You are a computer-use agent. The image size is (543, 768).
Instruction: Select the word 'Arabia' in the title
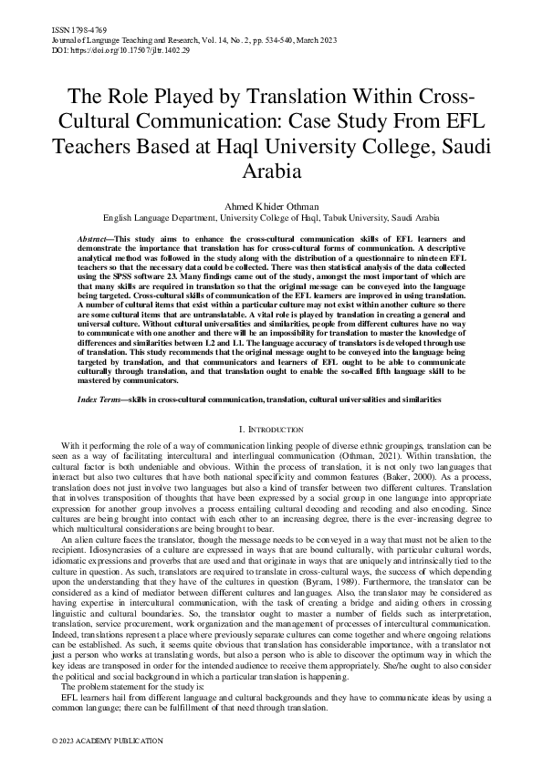271,171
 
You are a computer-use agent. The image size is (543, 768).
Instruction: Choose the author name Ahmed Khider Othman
271,207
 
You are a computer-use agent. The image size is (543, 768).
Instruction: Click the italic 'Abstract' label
96,238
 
